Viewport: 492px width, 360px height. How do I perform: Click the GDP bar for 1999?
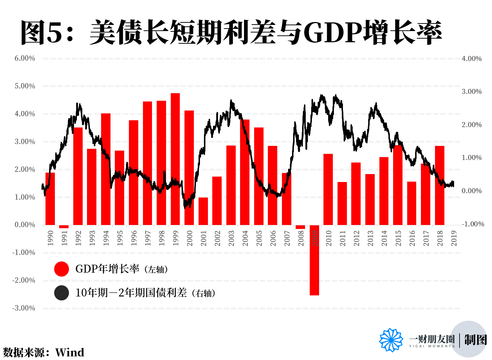[x=175, y=159]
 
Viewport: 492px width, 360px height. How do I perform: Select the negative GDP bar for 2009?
[x=314, y=260]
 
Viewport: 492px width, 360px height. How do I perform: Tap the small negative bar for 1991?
[x=64, y=226]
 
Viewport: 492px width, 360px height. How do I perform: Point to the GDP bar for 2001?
[x=203, y=211]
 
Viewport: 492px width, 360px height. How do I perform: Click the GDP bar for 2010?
[x=328, y=189]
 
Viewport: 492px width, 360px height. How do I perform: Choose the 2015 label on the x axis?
[x=398, y=238]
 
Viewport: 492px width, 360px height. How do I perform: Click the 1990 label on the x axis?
[x=51, y=238]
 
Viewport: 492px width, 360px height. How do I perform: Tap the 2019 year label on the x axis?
[x=454, y=238]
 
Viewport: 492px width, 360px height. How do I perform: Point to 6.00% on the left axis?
[x=25, y=58]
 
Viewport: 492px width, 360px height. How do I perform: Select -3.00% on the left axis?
[x=24, y=308]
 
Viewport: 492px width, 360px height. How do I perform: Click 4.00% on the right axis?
[x=471, y=59]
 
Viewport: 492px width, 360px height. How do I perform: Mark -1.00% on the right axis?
[x=473, y=224]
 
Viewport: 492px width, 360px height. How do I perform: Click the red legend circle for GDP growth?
[x=61, y=269]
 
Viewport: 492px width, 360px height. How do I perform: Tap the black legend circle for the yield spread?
[x=61, y=293]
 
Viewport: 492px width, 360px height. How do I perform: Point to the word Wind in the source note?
[x=70, y=352]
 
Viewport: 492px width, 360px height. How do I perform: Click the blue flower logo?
[x=391, y=340]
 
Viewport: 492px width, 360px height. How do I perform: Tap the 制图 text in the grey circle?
[x=475, y=340]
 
